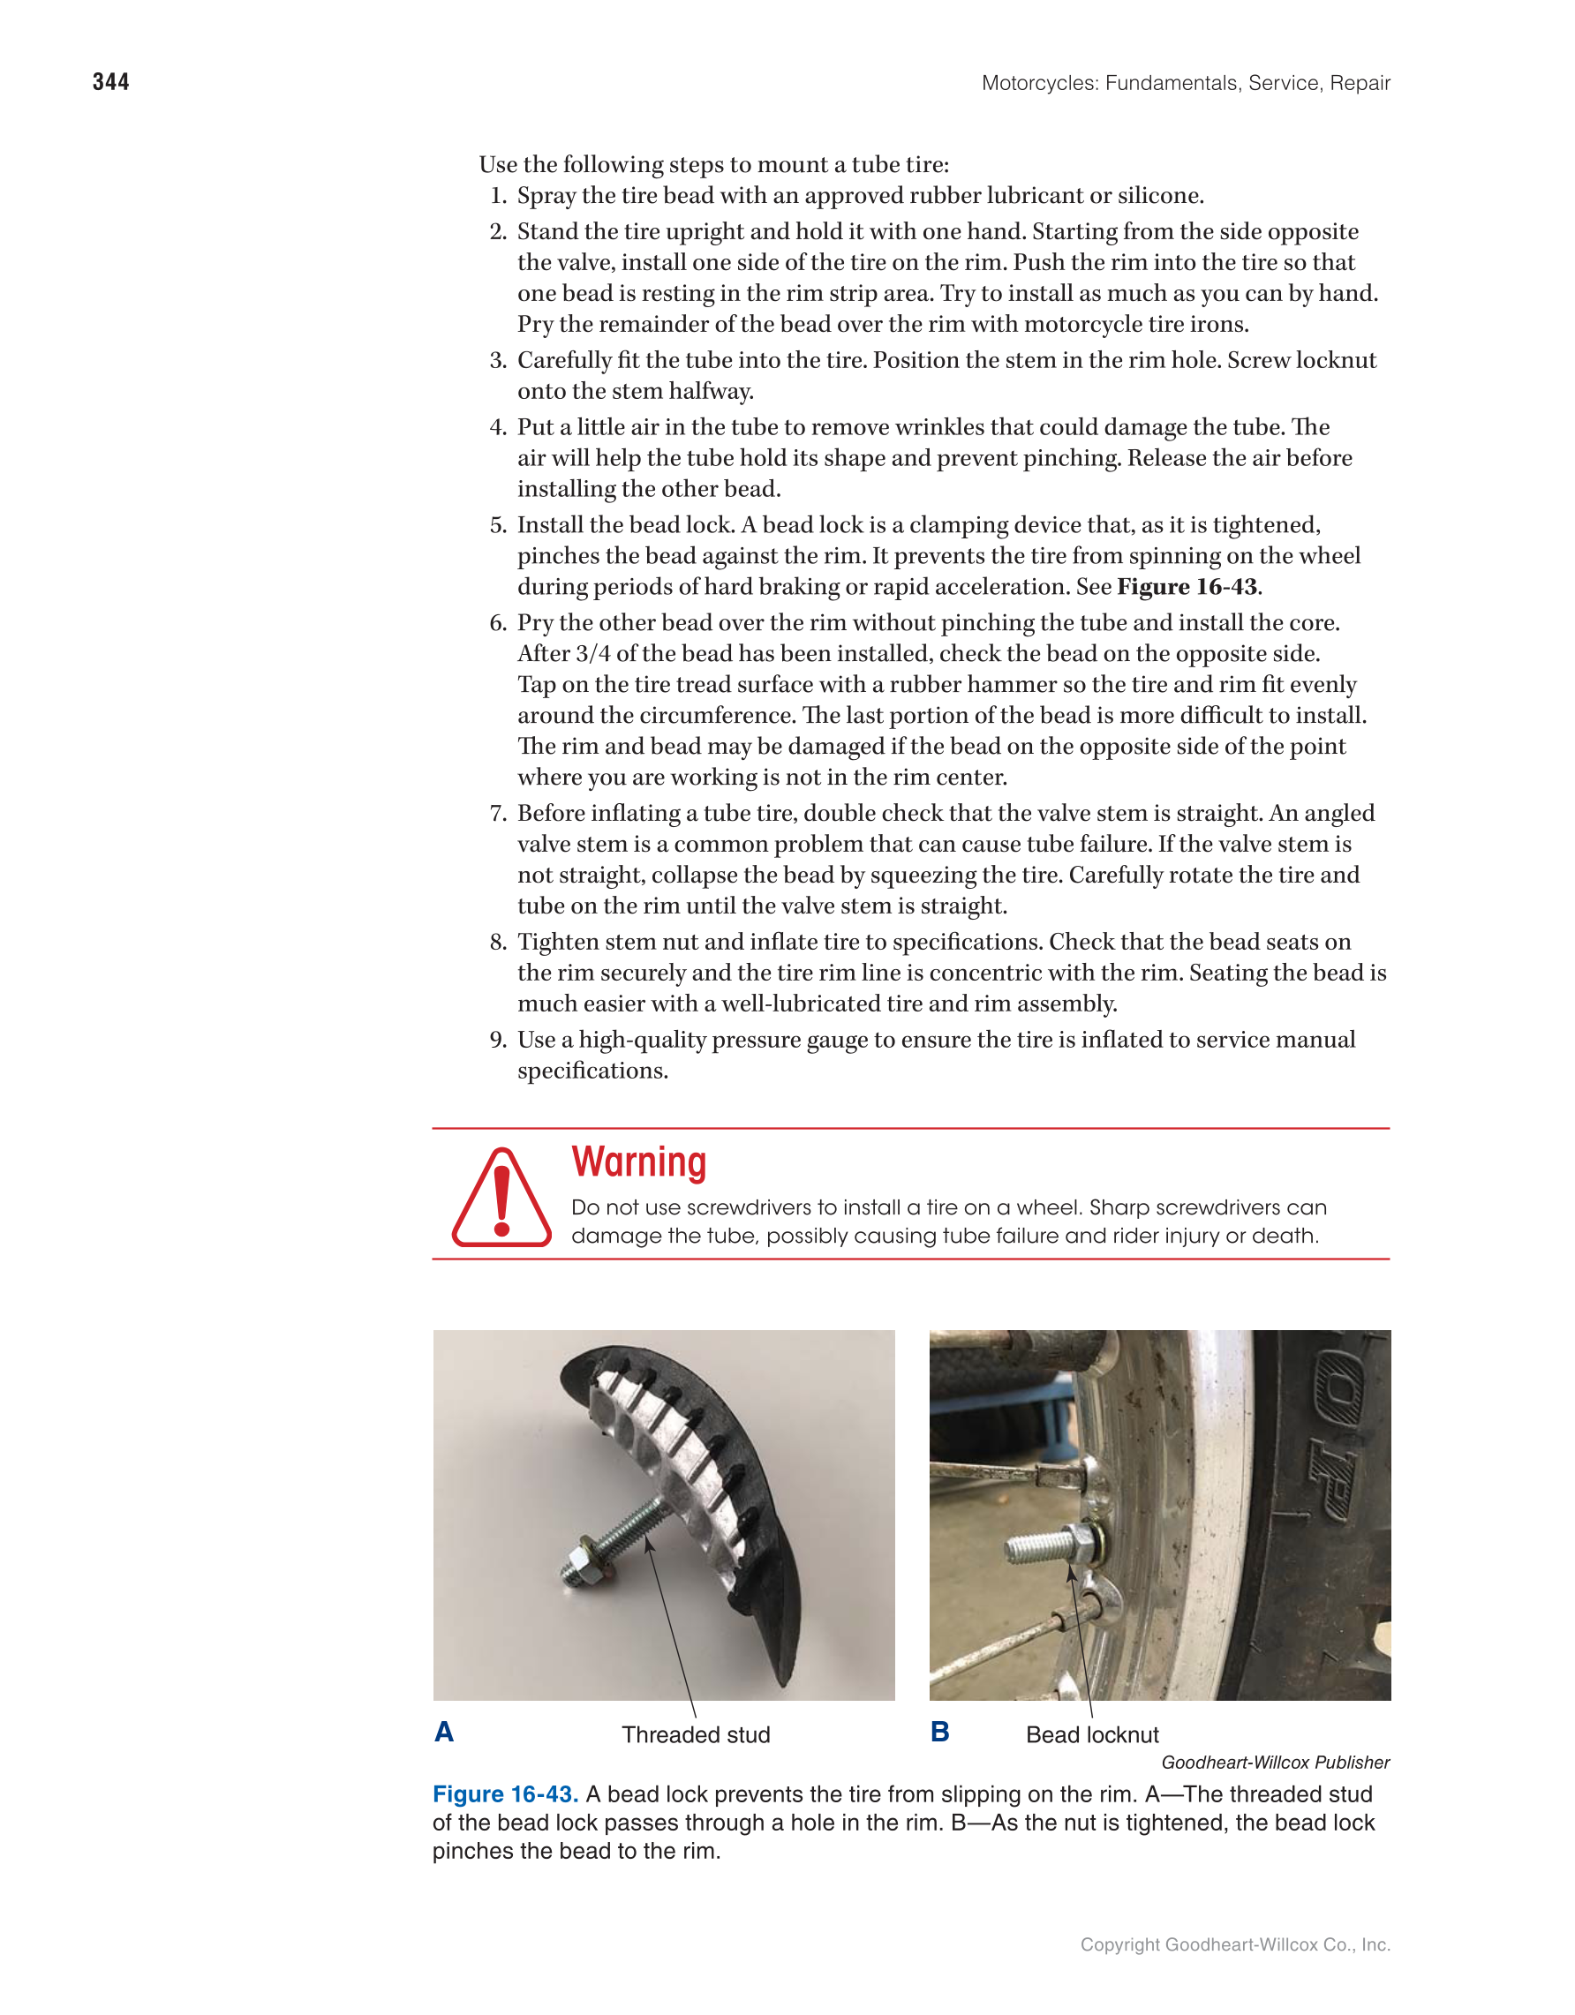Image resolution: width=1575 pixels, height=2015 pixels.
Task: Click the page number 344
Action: tap(110, 82)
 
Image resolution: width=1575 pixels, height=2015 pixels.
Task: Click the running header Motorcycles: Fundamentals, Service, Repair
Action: tap(1185, 83)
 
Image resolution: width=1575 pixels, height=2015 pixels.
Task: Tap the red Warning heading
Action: tap(638, 1162)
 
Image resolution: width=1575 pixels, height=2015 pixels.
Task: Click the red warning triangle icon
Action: tap(501, 1199)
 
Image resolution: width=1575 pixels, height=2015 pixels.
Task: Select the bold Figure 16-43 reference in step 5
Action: tap(1187, 587)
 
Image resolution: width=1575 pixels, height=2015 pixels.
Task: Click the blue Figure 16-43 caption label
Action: tap(505, 1794)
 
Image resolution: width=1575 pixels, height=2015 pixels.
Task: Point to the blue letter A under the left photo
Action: tap(444, 1732)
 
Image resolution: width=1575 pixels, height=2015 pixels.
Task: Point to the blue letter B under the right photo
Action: tap(939, 1732)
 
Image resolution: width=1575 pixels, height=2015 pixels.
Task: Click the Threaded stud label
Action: tap(696, 1734)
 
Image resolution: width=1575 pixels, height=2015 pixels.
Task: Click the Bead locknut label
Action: tap(1091, 1734)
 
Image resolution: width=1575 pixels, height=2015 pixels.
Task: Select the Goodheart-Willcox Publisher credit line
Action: tap(1274, 1763)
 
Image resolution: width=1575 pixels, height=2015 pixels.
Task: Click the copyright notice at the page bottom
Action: tap(1234, 1944)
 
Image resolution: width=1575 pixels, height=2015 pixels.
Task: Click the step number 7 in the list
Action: tap(498, 813)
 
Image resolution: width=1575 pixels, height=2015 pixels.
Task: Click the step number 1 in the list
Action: tap(498, 196)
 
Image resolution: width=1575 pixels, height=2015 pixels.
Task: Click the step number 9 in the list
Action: tap(498, 1040)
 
